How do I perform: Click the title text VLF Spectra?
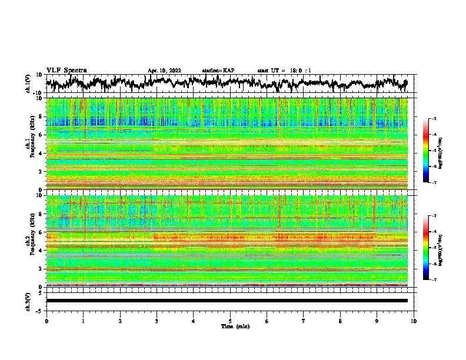[x=66, y=70]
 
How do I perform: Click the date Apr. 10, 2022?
[x=164, y=71]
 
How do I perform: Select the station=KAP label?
[x=218, y=71]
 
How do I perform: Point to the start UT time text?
[x=284, y=71]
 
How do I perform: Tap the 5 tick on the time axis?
[x=230, y=321]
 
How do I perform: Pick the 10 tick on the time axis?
[x=414, y=321]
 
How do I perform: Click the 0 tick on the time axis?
[x=46, y=321]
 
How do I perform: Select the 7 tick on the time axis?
[x=304, y=321]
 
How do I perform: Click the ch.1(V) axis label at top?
[x=28, y=84]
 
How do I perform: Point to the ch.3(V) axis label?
[x=28, y=301]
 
